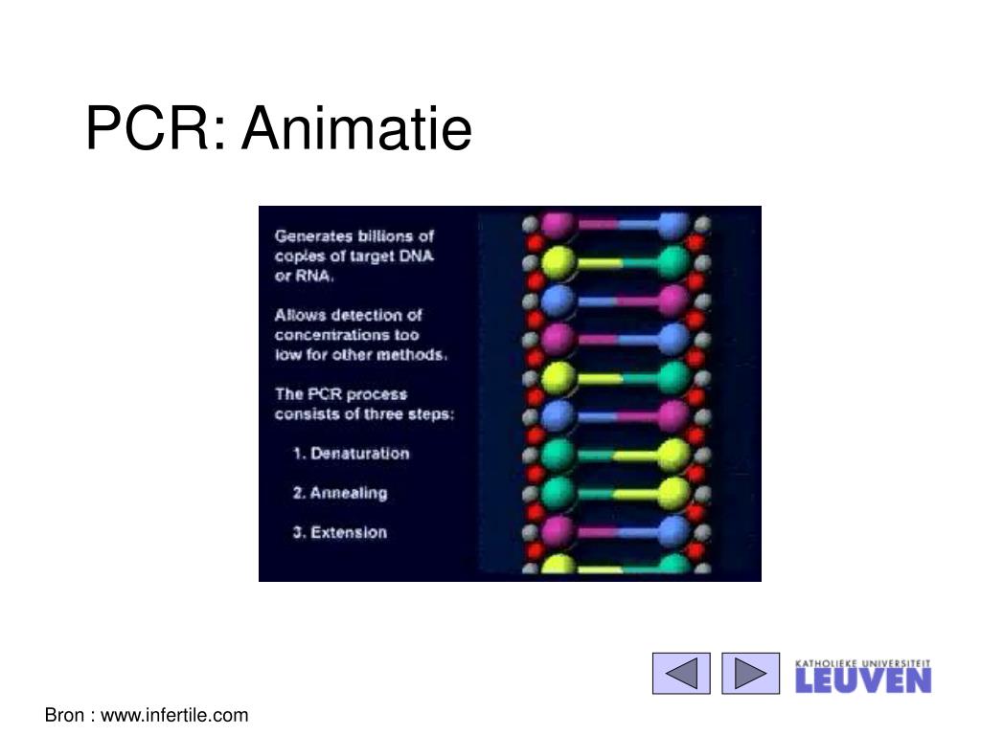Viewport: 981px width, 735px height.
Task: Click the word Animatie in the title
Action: click(x=356, y=128)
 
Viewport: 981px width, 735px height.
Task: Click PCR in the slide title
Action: click(x=156, y=128)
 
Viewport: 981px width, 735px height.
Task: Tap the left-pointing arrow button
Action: click(x=681, y=673)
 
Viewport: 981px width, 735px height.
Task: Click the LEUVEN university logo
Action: click(x=863, y=677)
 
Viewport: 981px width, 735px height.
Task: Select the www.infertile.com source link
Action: click(x=174, y=715)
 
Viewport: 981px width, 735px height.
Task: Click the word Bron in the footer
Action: click(x=64, y=715)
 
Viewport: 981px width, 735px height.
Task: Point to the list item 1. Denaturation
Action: click(x=351, y=453)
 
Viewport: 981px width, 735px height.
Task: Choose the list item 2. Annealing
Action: click(x=340, y=493)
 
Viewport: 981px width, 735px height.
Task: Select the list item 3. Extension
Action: click(x=340, y=532)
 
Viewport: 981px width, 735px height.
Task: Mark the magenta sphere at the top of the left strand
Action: click(x=557, y=224)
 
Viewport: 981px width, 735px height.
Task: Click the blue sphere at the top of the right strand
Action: click(x=673, y=224)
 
